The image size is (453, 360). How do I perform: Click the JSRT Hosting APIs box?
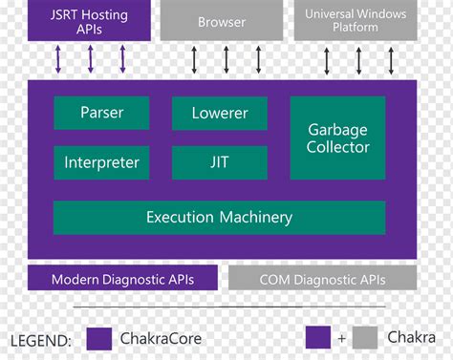[x=90, y=21]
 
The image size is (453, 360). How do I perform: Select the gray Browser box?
[x=221, y=21]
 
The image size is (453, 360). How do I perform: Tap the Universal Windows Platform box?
[x=355, y=21]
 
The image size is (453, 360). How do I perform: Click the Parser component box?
[x=101, y=113]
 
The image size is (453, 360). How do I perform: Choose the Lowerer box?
[x=219, y=113]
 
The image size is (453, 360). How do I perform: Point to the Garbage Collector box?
[x=337, y=138]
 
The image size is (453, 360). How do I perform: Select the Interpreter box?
[x=101, y=162]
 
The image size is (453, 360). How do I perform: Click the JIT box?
[x=219, y=162]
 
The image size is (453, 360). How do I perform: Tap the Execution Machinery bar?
[x=219, y=218]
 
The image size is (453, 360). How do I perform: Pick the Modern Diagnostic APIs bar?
[x=122, y=279]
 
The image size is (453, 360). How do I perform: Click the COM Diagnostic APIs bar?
[x=322, y=279]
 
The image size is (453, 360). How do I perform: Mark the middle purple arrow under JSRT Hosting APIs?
[x=91, y=58]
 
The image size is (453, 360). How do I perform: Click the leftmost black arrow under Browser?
[x=195, y=58]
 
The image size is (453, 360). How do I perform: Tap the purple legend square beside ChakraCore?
[x=99, y=338]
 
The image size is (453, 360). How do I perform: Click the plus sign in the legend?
[x=341, y=338]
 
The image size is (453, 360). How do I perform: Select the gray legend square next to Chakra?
[x=364, y=338]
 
